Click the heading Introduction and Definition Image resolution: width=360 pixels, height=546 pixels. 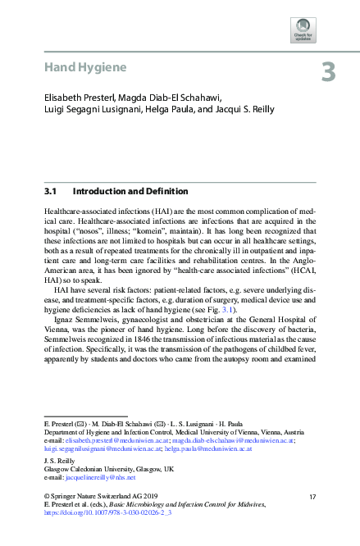[130, 192]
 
